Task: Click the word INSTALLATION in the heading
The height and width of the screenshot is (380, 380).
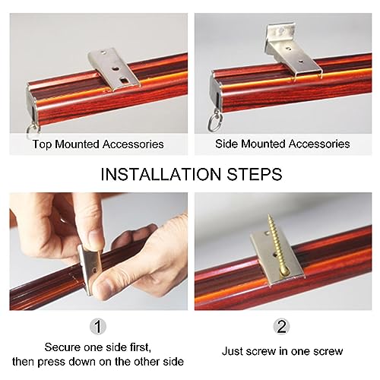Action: pos(160,174)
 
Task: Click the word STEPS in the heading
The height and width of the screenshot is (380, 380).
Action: pos(254,174)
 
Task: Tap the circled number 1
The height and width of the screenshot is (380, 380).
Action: pos(98,326)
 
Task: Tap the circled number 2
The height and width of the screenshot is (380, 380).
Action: pos(282,326)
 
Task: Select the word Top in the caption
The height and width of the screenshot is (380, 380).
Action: pos(42,144)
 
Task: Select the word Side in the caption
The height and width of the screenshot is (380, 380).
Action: pos(226,144)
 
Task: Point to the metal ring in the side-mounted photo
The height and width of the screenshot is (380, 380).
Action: pos(215,122)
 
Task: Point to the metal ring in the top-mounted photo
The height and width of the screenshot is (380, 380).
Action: pos(33,128)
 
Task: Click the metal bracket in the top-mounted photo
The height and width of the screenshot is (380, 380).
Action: pos(114,69)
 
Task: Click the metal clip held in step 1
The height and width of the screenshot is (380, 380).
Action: pos(90,268)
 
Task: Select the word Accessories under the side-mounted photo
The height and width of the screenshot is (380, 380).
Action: pos(319,144)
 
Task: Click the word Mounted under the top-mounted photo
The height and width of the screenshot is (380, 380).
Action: pos(77,144)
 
